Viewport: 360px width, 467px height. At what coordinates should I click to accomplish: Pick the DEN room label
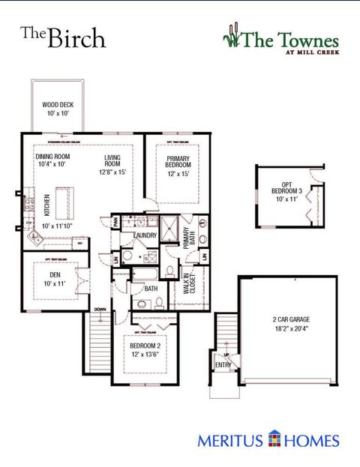(51, 274)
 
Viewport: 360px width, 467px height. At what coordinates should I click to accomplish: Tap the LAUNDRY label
(144, 236)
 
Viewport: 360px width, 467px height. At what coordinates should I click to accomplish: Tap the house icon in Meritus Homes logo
(275, 440)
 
